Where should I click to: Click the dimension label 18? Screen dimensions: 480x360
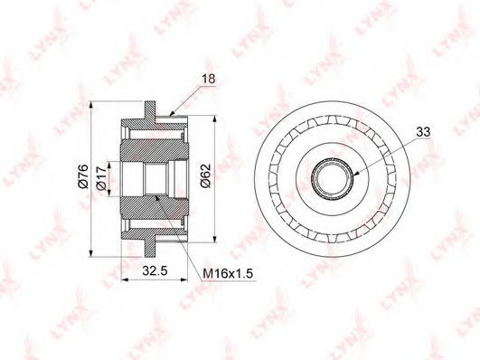(209, 79)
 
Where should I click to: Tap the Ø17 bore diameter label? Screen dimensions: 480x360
(101, 180)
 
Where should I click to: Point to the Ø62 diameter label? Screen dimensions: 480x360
(206, 175)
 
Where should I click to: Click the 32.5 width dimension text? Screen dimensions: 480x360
(155, 270)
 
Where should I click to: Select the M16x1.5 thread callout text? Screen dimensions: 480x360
(229, 273)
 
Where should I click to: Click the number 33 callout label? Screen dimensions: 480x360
(423, 132)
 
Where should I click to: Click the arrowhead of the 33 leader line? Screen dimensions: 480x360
(354, 175)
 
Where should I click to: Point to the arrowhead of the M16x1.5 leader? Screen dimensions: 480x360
(157, 197)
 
